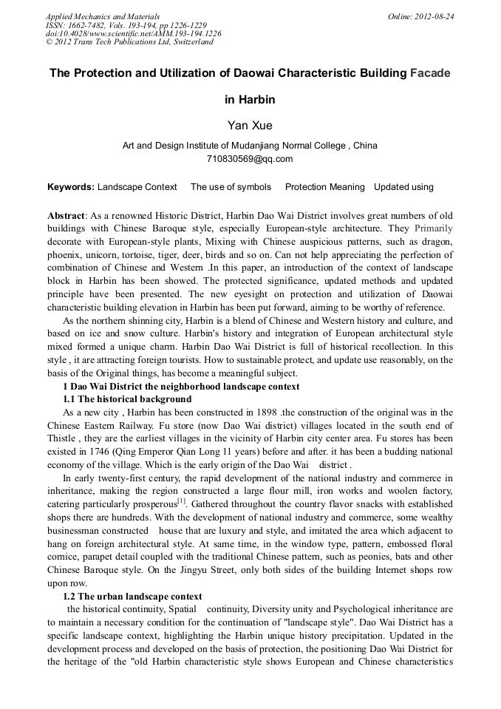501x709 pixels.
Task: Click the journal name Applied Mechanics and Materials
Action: pos(102,16)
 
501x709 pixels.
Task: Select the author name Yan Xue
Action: pos(250,126)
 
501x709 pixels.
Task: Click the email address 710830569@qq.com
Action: pos(250,158)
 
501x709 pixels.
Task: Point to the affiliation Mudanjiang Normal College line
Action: pos(250,146)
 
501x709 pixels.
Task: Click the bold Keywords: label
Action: pos(70,187)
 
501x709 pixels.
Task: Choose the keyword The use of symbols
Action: pos(231,187)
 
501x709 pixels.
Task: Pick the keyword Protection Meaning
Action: pos(324,187)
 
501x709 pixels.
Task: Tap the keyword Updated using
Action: pos(403,187)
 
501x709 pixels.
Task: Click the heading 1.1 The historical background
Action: pos(127,398)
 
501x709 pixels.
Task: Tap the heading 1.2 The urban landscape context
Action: pos(132,596)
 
